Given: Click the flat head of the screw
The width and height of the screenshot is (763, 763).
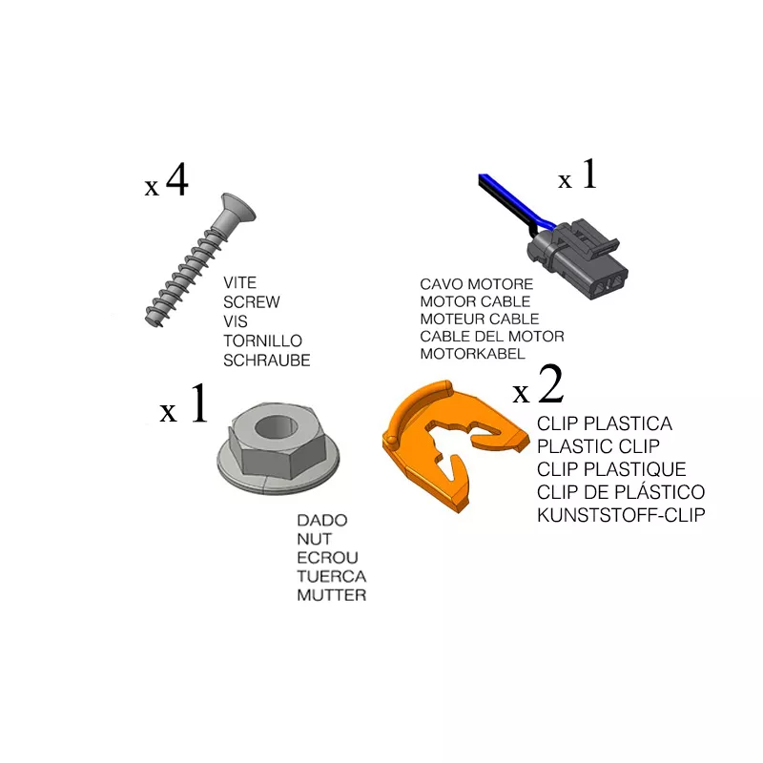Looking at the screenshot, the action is (237, 207).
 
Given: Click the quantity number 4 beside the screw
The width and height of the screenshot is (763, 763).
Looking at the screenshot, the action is (177, 180).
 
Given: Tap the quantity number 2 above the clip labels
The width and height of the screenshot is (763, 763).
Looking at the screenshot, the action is (551, 384).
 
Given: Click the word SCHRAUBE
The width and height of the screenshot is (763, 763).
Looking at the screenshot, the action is (267, 361).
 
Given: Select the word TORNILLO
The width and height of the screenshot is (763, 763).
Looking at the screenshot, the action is (263, 340).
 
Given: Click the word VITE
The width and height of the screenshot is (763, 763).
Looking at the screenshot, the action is (240, 282).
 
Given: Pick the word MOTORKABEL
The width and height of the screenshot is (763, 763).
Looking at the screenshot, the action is (472, 354).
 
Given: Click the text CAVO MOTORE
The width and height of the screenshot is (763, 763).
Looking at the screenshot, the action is (476, 284).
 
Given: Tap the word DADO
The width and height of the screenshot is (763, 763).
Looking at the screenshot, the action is (322, 520).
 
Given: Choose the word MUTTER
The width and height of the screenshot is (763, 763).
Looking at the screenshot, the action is (331, 594).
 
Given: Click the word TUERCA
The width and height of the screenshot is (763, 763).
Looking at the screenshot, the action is (331, 576).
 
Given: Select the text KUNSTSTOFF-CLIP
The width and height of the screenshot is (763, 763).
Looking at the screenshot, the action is (621, 515).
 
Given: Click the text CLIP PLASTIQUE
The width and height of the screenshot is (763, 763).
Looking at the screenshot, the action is (611, 469).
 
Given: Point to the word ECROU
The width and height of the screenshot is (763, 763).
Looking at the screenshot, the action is (327, 558).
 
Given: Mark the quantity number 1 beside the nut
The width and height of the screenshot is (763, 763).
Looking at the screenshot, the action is (199, 402).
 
